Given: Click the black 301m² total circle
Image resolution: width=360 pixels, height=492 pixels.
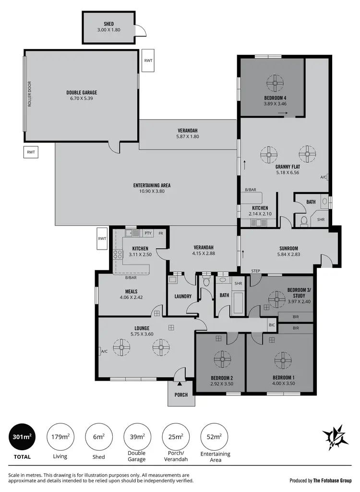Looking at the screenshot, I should pyautogui.click(x=21, y=437).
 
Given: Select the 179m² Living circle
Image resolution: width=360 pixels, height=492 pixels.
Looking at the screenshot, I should pyautogui.click(x=60, y=437).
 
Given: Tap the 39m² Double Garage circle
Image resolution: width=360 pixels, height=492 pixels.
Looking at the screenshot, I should pyautogui.click(x=137, y=437).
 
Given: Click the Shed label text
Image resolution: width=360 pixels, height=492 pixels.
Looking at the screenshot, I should pyautogui.click(x=108, y=24).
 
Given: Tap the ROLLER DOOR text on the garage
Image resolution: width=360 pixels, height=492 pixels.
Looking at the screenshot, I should pyautogui.click(x=29, y=96).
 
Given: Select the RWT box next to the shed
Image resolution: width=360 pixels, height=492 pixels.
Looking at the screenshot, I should pyautogui.click(x=148, y=61).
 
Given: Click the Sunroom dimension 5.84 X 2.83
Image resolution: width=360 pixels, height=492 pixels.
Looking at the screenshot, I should pyautogui.click(x=289, y=254).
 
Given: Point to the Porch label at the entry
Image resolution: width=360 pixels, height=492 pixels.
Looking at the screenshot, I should pyautogui.click(x=181, y=395).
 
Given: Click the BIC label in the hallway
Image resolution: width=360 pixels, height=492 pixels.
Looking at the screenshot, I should pyautogui.click(x=272, y=325).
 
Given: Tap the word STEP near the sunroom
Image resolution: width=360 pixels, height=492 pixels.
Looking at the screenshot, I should pyautogui.click(x=255, y=271).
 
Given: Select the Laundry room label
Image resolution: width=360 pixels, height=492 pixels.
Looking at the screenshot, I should pyautogui.click(x=182, y=296).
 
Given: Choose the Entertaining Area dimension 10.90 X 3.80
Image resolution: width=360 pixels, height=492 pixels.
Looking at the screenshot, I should pyautogui.click(x=152, y=191).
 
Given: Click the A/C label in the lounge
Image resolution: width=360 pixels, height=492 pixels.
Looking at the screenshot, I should pyautogui.click(x=104, y=351).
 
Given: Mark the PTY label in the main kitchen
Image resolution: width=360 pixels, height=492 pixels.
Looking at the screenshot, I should pyautogui.click(x=148, y=233).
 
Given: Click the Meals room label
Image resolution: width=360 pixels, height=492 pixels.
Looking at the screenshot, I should pyautogui.click(x=131, y=291).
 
